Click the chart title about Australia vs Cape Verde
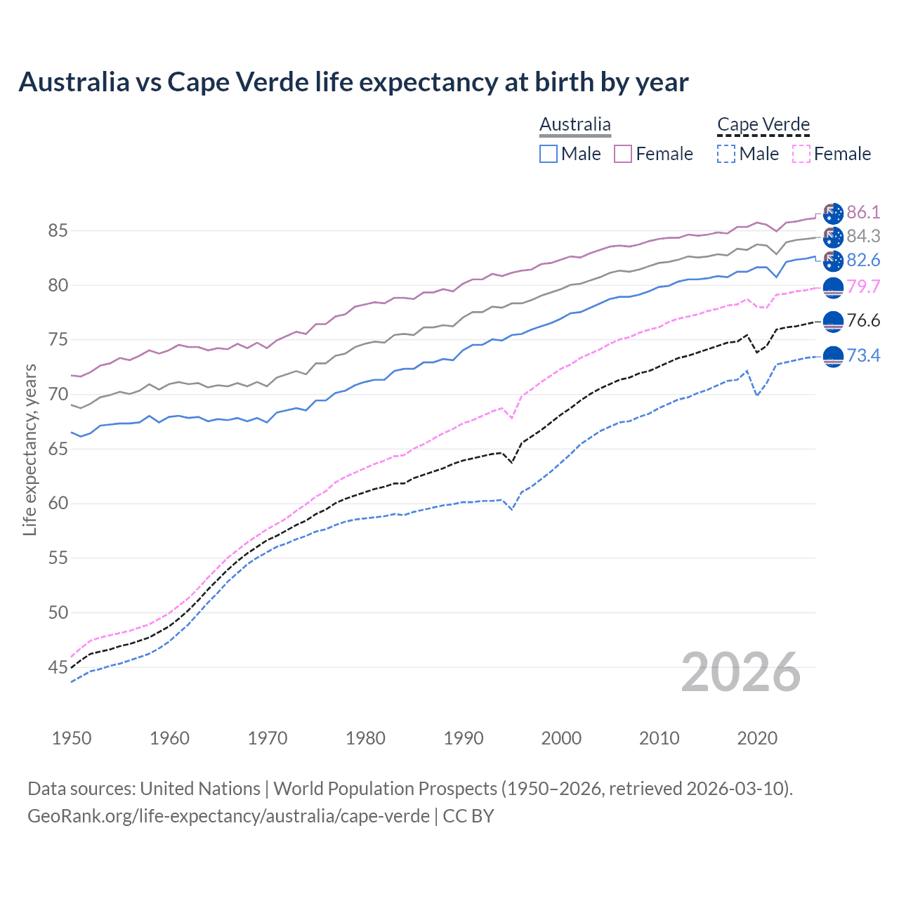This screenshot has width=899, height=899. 353,82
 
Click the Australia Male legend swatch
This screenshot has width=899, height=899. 549,154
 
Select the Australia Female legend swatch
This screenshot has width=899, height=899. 623,154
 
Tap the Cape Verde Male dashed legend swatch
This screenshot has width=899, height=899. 726,154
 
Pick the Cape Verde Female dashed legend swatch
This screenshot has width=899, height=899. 801,154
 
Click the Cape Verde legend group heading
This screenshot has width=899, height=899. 763,125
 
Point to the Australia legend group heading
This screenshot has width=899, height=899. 575,125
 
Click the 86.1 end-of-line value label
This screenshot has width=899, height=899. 863,213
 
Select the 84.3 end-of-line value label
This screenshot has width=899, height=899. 863,237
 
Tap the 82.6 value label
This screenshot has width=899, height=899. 863,261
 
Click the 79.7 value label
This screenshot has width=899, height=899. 863,287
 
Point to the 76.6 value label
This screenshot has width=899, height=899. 863,321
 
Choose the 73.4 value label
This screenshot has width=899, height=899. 863,356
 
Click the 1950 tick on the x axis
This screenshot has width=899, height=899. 72,738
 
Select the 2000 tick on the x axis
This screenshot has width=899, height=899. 561,738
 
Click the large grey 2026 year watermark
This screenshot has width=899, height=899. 741,673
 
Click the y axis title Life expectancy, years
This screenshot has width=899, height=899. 30,449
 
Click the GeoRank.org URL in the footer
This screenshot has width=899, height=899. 228,816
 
